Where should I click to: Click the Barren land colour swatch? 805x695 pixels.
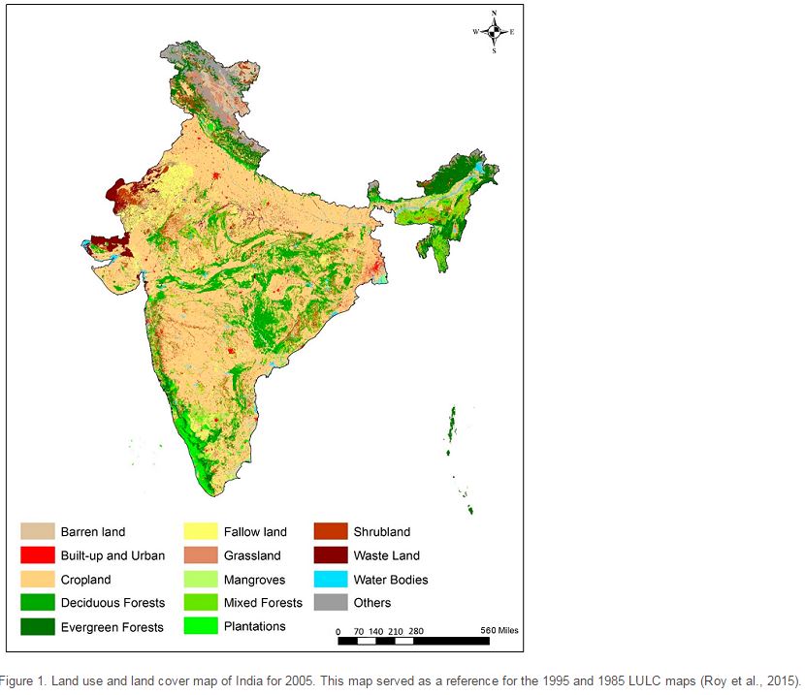point(37,531)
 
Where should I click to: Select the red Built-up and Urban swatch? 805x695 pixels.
point(37,555)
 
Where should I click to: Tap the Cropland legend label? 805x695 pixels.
point(85,580)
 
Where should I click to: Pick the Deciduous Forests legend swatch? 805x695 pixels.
point(37,603)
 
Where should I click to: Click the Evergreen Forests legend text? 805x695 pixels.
point(113,627)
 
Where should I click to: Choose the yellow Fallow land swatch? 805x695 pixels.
point(200,531)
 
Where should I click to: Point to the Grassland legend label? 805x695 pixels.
point(252,555)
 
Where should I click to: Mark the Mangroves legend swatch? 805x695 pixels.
point(200,580)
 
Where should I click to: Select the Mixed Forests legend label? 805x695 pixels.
point(263,603)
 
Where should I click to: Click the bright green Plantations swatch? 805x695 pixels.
point(200,626)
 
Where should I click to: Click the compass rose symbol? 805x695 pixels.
point(495,32)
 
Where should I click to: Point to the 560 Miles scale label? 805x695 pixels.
point(499,631)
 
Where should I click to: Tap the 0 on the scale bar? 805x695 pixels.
point(338,631)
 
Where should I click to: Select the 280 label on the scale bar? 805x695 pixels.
point(415,631)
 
